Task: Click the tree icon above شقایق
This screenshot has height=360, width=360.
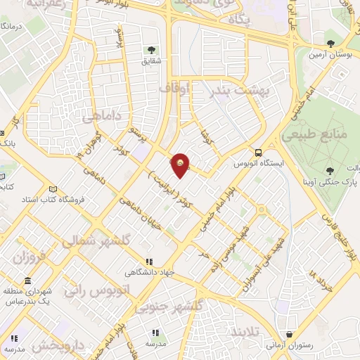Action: coord(150,49)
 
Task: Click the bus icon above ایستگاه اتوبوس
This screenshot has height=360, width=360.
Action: coord(259,152)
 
